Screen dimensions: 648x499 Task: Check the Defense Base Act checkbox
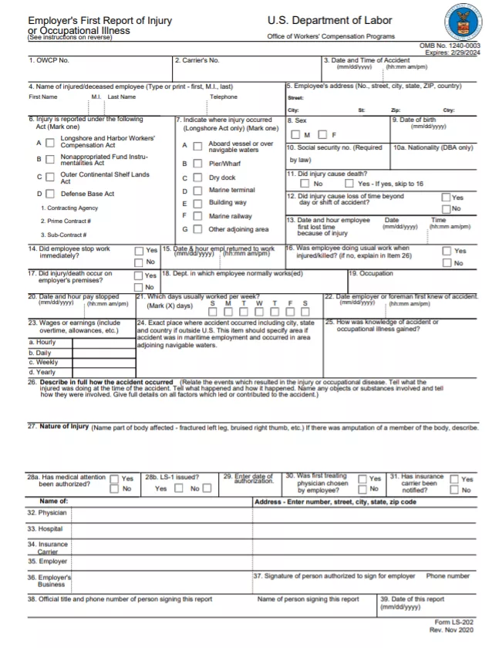[50, 194]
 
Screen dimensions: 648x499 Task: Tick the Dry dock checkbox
[197, 178]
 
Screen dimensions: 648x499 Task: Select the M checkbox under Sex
[295, 135]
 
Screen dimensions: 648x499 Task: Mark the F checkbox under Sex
[322, 135]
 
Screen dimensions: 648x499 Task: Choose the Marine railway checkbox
[197, 217]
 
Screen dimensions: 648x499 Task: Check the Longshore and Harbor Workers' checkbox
[50, 142]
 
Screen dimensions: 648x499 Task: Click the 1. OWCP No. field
[99, 68]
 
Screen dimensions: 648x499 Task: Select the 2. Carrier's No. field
[247, 68]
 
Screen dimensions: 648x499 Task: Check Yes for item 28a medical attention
[114, 479]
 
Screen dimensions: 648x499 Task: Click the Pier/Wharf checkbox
[197, 164]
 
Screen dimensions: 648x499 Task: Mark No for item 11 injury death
[305, 184]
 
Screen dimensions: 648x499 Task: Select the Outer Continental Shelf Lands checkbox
[50, 177]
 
